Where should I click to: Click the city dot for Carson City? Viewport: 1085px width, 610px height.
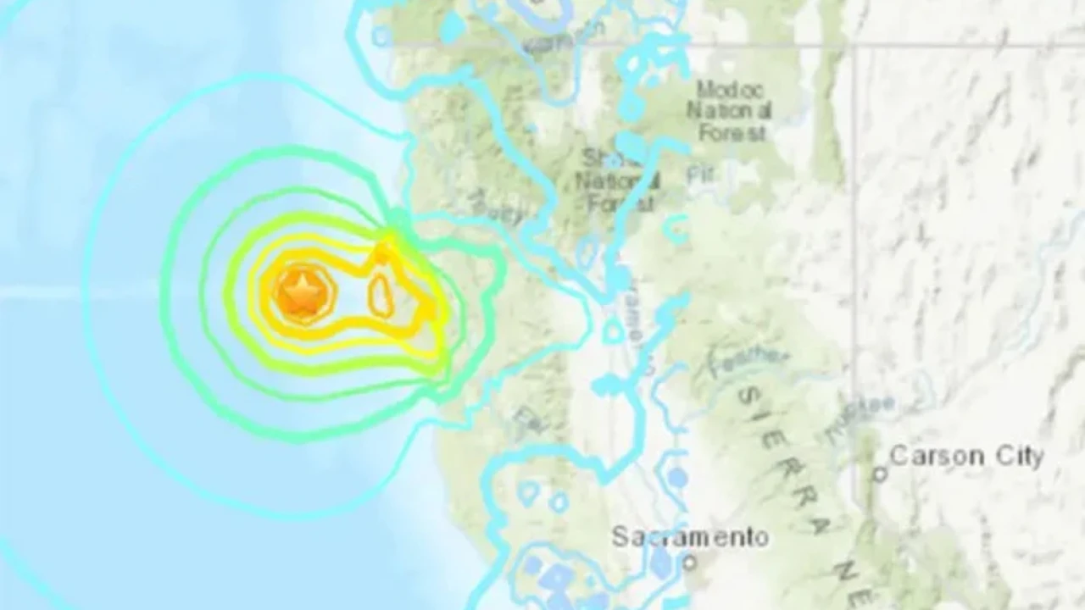(x=880, y=474)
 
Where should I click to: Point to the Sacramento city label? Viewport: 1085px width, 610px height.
(x=690, y=536)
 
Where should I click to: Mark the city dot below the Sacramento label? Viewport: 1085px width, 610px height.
(x=690, y=561)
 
